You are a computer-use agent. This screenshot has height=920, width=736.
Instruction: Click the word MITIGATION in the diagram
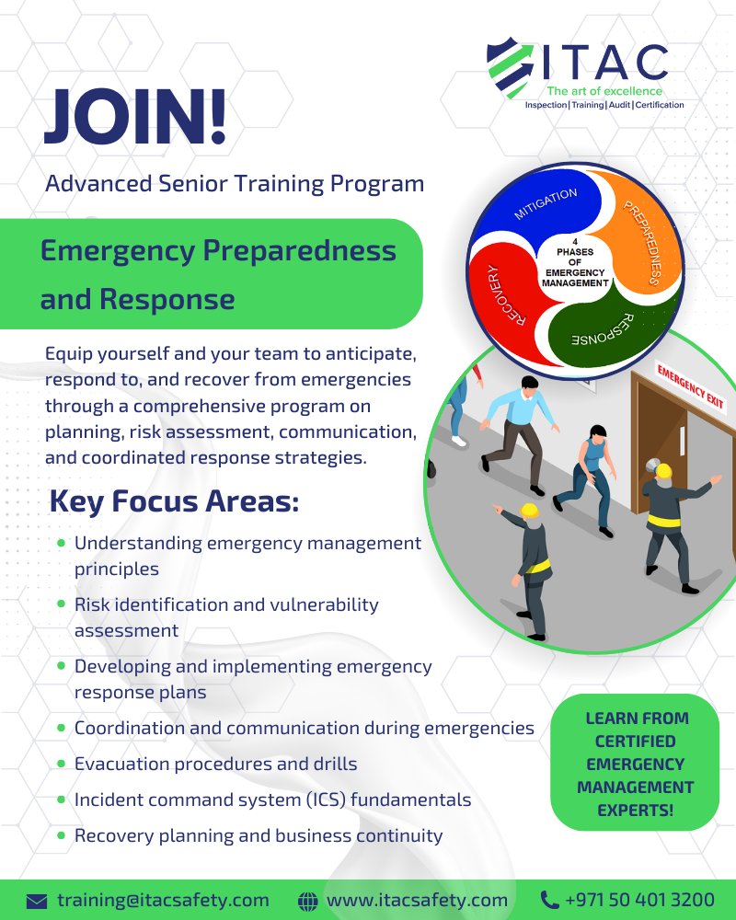546,203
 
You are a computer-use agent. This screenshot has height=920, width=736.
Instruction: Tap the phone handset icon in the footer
550,900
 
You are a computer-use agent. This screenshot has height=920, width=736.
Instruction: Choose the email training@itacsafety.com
163,900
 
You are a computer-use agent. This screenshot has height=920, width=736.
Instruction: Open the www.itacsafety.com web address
417,900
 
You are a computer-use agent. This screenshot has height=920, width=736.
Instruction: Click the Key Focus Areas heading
174,503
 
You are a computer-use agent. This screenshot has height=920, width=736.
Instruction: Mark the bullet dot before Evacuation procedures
61,763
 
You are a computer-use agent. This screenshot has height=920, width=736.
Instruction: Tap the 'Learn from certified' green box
635,763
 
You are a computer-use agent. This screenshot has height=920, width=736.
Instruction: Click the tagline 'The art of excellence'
604,91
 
